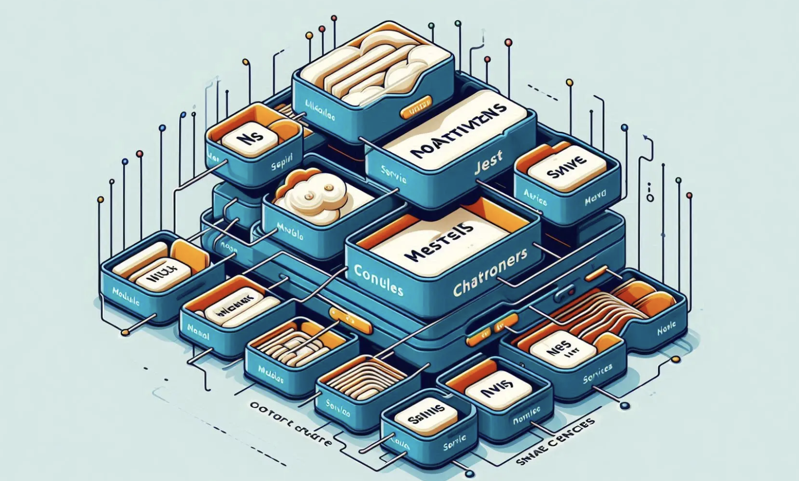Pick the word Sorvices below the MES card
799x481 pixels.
597,372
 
